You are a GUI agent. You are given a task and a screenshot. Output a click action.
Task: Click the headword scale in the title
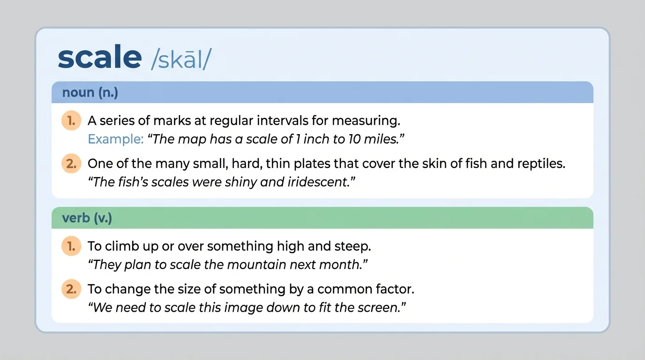[99, 57]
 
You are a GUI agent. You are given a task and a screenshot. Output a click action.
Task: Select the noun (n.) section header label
[90, 92]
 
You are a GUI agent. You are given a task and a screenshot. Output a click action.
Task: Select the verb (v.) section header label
[87, 218]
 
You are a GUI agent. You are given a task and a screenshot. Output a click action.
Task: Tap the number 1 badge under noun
[71, 120]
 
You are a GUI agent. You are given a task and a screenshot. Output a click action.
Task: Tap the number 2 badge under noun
[71, 164]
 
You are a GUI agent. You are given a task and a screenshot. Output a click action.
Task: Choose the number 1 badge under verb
[71, 246]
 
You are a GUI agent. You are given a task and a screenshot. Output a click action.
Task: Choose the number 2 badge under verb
[71, 289]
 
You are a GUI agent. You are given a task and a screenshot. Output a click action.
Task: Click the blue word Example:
[115, 139]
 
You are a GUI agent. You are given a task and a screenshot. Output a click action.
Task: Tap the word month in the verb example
[339, 265]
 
